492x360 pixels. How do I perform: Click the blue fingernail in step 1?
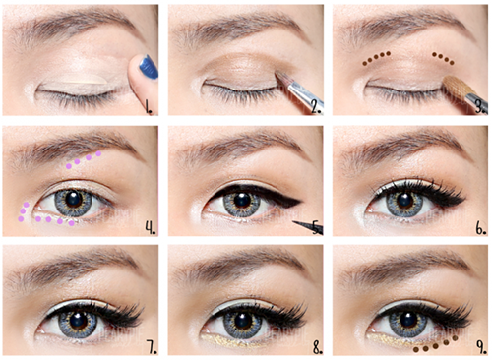[x=149, y=67]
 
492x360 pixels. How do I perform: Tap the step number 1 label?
[x=150, y=106]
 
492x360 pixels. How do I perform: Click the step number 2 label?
[x=316, y=106]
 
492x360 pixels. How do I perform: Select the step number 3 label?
[x=480, y=106]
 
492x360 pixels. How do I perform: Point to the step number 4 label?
[x=151, y=228]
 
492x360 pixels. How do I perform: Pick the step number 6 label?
[x=481, y=228]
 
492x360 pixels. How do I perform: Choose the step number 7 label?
[x=152, y=347]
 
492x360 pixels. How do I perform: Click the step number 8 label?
[x=317, y=347]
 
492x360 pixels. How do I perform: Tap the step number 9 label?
[x=481, y=347]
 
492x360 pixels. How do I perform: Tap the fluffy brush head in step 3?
[x=455, y=86]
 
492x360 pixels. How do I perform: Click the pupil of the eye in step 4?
[x=73, y=198]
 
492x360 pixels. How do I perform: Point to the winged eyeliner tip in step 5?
[x=301, y=201]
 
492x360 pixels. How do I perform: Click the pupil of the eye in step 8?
[x=243, y=320]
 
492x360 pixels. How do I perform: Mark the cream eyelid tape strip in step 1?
[x=82, y=79]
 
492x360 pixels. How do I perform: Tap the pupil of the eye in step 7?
[x=78, y=320]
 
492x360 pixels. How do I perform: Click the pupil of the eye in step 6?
[x=404, y=199]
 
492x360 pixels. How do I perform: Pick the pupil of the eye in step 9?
[x=408, y=320]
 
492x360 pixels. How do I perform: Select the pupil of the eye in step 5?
[x=242, y=199]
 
